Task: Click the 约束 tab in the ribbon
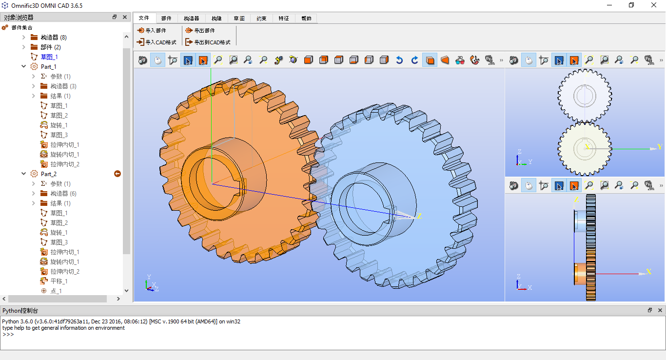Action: (261, 19)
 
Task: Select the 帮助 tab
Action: (306, 19)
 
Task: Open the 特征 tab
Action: (284, 19)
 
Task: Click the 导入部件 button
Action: (152, 30)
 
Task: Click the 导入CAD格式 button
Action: (157, 42)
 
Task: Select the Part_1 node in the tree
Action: (48, 67)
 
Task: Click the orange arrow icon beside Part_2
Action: (118, 174)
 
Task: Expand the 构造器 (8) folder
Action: (24, 38)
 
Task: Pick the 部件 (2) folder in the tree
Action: (50, 47)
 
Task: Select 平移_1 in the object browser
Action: (59, 281)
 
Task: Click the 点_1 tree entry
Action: (56, 291)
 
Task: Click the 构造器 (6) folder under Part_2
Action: (63, 194)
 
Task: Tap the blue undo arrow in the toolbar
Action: (399, 60)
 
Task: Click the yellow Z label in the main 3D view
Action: (419, 216)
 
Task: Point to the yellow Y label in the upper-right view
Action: (659, 147)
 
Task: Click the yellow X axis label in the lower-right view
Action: (649, 272)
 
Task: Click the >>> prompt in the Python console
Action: (8, 335)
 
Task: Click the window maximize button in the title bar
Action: (631, 5)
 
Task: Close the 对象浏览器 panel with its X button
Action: (125, 17)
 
